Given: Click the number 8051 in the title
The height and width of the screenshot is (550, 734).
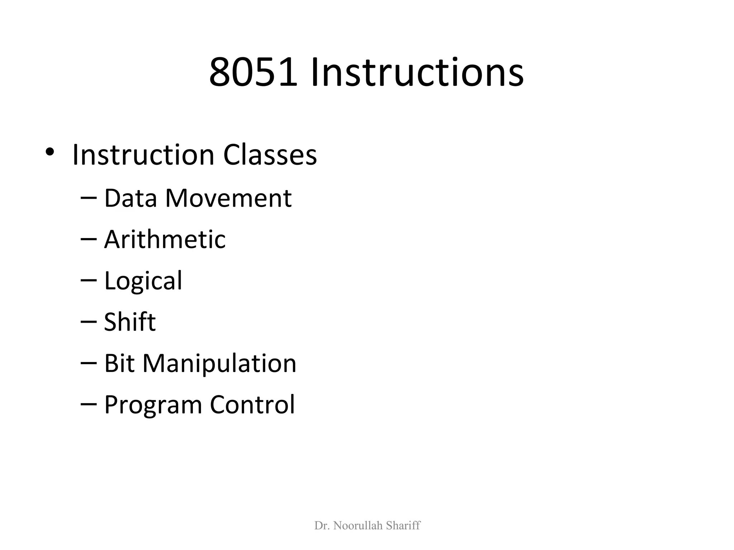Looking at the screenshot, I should click(x=253, y=73).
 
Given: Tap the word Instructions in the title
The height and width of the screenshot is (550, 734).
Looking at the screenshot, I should click(x=417, y=73).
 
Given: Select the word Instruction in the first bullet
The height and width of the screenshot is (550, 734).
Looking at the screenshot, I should click(x=143, y=155).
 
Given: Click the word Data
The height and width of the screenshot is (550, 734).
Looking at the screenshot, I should click(x=130, y=198).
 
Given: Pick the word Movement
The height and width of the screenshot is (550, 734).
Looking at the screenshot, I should click(x=228, y=198).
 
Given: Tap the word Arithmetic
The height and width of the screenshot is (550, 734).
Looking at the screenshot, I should click(x=165, y=239).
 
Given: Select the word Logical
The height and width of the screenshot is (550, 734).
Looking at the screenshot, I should click(x=143, y=281).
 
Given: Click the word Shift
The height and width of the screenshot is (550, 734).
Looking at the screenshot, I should click(x=130, y=322).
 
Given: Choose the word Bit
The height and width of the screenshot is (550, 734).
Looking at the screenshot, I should click(x=119, y=363).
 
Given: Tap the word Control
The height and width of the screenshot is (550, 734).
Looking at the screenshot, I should click(x=252, y=405).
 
